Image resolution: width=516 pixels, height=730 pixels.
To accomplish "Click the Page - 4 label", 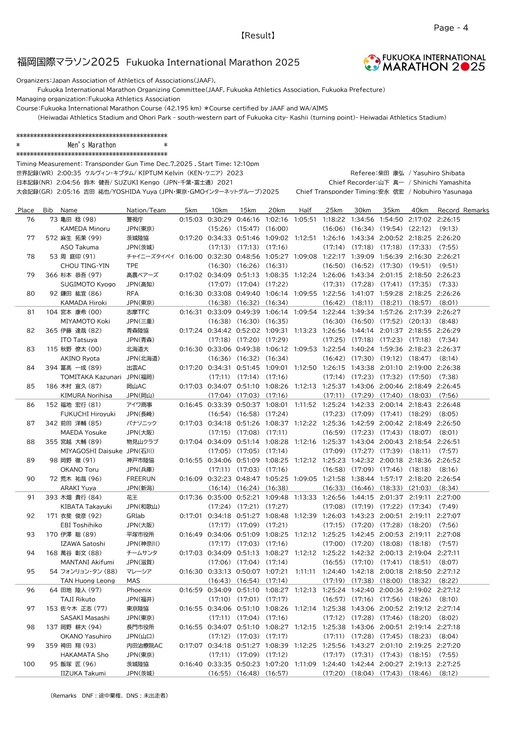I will point(450,28).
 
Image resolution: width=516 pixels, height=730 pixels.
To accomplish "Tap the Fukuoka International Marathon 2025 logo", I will point(424,63).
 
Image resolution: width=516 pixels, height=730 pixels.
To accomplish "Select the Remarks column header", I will point(476,210).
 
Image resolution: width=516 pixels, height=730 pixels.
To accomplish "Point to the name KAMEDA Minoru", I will point(85,229).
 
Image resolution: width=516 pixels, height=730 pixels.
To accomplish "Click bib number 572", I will point(51,238).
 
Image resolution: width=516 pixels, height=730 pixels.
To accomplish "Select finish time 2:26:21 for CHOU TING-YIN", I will point(448,256).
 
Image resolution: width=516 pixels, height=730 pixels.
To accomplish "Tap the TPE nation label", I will point(132,265).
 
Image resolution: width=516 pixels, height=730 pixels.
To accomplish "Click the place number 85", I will point(31,386).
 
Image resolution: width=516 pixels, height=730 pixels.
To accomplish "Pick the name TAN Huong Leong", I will point(88,581).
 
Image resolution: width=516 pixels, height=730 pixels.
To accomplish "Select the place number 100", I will point(29,664).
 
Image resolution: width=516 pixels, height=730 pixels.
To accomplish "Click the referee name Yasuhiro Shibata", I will point(439,173).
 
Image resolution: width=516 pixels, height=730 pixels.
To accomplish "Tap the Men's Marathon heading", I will point(92,145).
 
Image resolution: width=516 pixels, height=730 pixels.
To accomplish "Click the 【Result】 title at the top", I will point(258,35).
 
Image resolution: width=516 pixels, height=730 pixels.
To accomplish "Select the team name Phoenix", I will point(139,590).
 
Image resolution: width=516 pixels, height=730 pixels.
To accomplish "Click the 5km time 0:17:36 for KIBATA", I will point(191,497).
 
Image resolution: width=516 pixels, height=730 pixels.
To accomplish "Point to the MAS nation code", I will point(133,581).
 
